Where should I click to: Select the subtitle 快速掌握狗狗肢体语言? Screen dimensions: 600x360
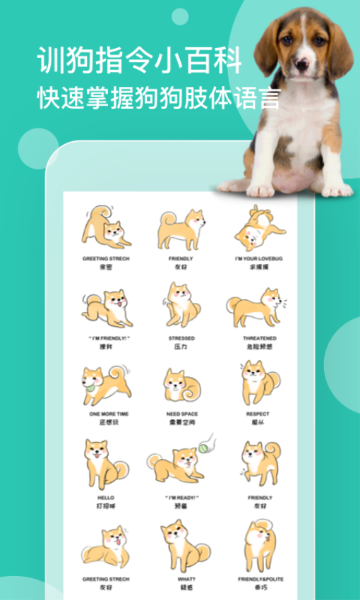(x=158, y=97)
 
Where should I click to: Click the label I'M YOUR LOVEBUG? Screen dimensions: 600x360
(x=258, y=259)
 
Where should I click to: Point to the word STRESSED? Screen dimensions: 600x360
(x=181, y=338)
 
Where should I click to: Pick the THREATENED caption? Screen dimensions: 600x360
(x=258, y=338)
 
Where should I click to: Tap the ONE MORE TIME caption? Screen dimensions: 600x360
(x=105, y=414)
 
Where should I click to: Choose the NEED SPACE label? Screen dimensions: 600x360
(x=181, y=414)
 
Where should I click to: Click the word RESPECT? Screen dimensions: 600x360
(x=258, y=414)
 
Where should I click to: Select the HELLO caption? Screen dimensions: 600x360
(x=105, y=498)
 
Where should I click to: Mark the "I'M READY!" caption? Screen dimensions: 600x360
(x=181, y=498)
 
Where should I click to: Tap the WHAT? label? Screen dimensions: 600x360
(x=181, y=579)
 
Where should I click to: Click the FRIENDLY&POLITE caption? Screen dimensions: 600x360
(x=258, y=579)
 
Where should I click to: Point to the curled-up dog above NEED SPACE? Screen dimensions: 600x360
(x=181, y=385)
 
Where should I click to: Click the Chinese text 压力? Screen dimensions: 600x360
(x=181, y=347)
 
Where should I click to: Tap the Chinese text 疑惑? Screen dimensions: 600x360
(x=181, y=587)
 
